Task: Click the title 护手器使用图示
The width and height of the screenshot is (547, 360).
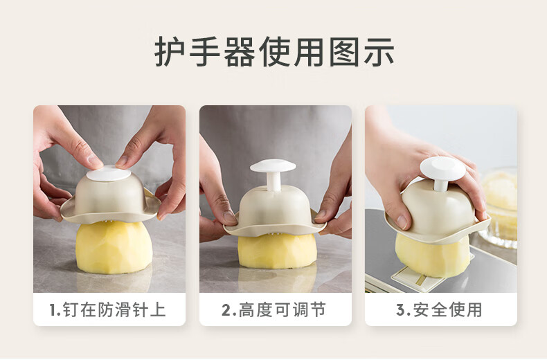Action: tap(274, 52)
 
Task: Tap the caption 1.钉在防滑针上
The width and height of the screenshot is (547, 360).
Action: tap(107, 309)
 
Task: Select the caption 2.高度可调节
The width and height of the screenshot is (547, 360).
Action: tap(274, 309)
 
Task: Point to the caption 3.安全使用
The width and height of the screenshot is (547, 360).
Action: tap(439, 309)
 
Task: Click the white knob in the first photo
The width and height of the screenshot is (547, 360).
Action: tap(109, 174)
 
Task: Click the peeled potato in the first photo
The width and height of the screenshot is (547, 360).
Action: tap(114, 247)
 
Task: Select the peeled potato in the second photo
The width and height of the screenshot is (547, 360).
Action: tap(278, 251)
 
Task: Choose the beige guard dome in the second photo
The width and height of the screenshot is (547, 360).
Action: tap(275, 211)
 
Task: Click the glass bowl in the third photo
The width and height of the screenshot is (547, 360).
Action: tap(498, 208)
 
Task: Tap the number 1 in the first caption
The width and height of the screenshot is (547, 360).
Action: tap(53, 309)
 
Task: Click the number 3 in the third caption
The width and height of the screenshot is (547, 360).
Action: tap(400, 309)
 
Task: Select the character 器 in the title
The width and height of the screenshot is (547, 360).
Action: tap(240, 52)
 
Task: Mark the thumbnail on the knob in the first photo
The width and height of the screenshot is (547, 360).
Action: tap(94, 161)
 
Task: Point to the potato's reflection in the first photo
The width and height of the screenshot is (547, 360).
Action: tap(114, 282)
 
